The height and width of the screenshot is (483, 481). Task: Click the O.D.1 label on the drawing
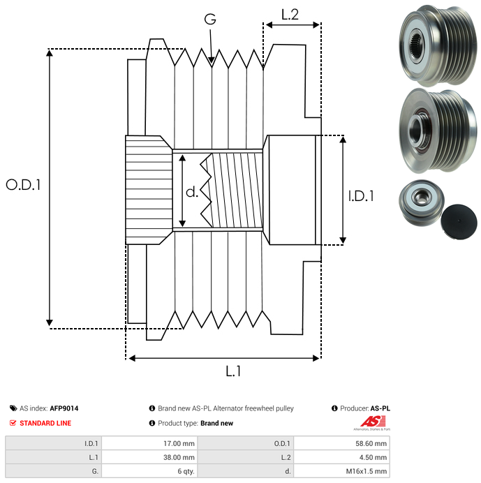click(24, 185)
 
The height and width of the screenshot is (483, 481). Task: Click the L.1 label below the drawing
click(233, 372)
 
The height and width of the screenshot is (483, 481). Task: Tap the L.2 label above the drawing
click(290, 14)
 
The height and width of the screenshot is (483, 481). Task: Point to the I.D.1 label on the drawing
click(361, 197)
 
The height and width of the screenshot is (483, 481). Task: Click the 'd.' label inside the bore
click(192, 192)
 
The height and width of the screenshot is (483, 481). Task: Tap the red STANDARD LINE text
click(45, 423)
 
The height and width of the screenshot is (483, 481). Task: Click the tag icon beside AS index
click(13, 408)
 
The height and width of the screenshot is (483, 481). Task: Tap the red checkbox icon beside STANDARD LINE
click(13, 423)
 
